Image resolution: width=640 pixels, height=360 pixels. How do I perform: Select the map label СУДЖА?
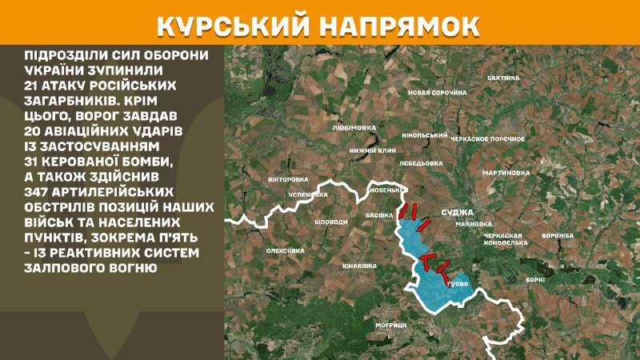(x=458, y=213)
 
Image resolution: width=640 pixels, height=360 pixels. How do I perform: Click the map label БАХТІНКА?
(x=503, y=78)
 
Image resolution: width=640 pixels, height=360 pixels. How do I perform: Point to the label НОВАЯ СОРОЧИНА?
(x=437, y=93)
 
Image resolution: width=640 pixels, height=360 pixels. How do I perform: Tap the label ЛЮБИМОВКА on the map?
(x=353, y=126)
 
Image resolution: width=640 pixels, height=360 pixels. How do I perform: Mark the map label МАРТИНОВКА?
(x=506, y=173)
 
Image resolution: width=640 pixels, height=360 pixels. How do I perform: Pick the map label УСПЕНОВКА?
(x=309, y=194)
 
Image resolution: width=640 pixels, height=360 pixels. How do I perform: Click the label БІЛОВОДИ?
(x=330, y=222)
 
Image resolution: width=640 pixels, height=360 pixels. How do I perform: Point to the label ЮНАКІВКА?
(x=358, y=265)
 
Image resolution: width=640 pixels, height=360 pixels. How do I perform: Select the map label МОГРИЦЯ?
(x=391, y=325)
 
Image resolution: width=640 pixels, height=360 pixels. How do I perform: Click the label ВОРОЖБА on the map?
(x=558, y=236)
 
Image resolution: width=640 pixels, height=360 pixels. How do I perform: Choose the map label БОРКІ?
(x=535, y=279)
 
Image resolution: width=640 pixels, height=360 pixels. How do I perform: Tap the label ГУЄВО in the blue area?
(x=458, y=283)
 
